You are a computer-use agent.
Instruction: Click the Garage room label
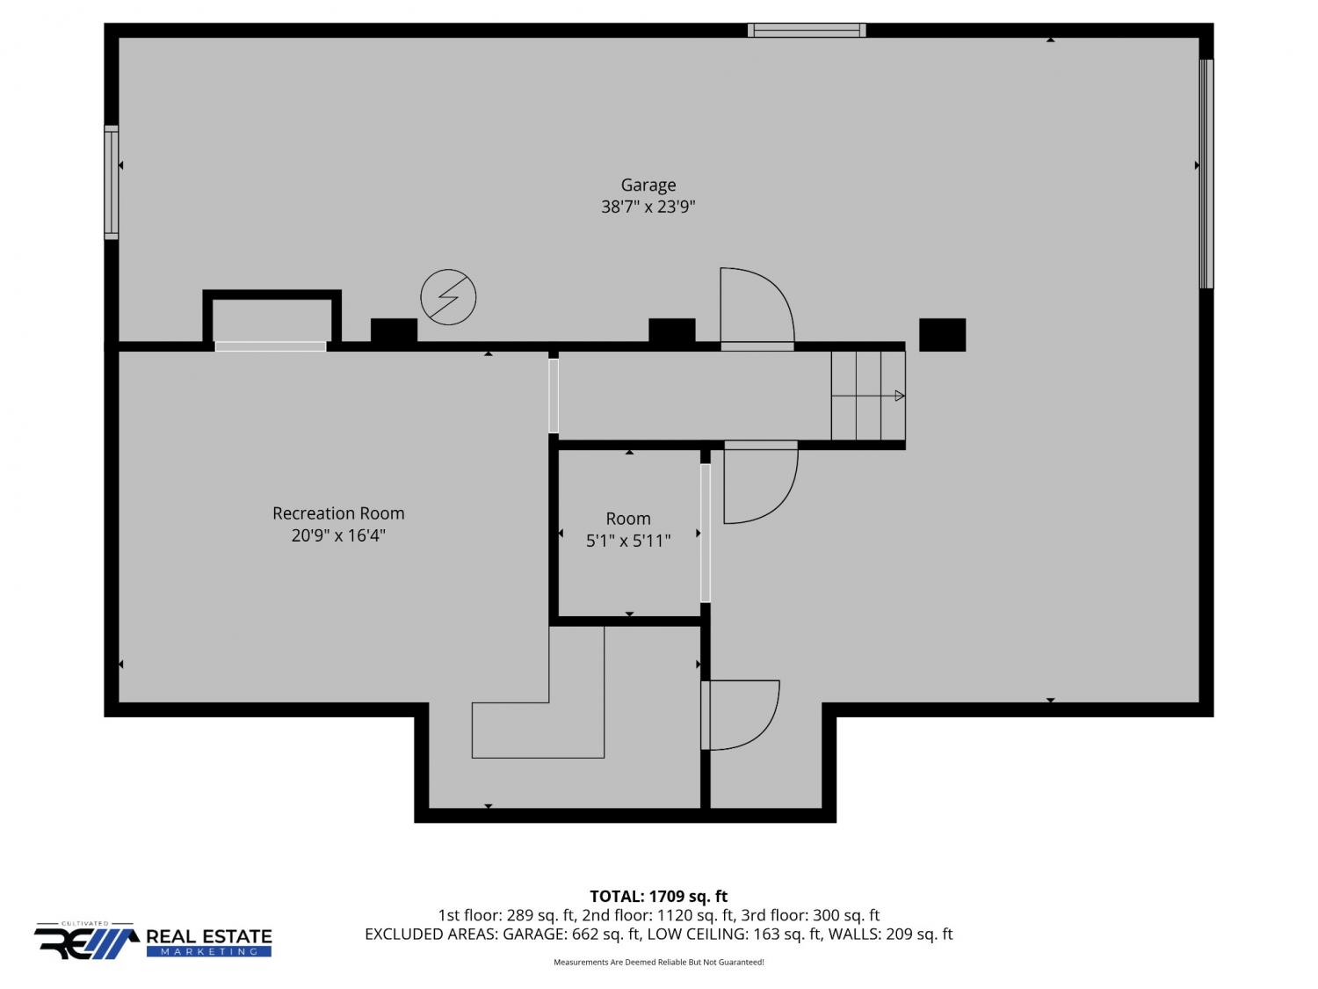648,185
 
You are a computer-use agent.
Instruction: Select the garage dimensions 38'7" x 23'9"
648,207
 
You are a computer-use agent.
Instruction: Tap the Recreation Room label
338,513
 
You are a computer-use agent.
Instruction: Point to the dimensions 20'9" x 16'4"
338,535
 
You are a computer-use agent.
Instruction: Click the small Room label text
628,518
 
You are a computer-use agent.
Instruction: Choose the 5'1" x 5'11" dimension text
628,541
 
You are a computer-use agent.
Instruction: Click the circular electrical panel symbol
448,296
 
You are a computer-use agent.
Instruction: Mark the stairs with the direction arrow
867,396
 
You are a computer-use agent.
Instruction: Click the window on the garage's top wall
807,30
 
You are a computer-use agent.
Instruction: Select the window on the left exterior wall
111,183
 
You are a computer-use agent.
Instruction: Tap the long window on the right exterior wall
1206,173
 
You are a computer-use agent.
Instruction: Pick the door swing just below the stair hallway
761,482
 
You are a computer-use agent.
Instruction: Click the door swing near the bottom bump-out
741,716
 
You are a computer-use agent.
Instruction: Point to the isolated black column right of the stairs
942,334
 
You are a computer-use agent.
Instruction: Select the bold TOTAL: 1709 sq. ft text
658,897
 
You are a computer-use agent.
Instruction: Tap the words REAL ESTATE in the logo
209,936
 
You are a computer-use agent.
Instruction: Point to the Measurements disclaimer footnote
658,963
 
